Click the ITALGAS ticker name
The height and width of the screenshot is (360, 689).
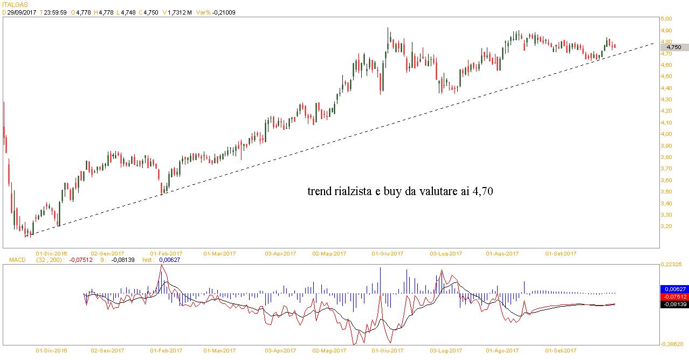tap(14, 4)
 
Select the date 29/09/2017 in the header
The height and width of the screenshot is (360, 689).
tap(22, 12)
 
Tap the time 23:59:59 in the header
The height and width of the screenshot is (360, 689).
tap(56, 12)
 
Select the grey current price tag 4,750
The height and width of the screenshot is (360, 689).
tap(674, 47)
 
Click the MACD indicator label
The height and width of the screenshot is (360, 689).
tap(17, 260)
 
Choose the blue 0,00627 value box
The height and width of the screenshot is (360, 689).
tap(674, 289)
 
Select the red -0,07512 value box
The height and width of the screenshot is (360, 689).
tap(674, 297)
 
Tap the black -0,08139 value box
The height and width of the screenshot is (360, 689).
tap(674, 304)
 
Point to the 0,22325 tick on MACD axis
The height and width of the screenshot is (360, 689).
tap(673, 265)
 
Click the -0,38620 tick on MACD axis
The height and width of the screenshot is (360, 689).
tap(673, 343)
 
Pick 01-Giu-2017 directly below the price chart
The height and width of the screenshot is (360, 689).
tap(388, 253)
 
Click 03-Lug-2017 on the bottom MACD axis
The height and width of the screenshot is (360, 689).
tap(446, 350)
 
